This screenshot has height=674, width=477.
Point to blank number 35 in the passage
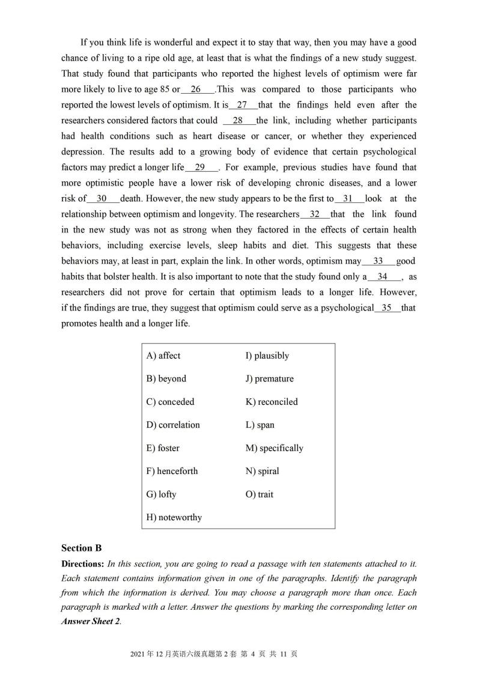tap(387, 308)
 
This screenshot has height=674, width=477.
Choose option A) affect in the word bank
tap(163, 356)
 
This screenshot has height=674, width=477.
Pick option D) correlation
tap(173, 425)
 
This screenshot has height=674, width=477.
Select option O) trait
tap(259, 494)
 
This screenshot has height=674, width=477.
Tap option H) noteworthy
tap(174, 517)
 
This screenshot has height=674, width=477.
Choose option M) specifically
tap(274, 448)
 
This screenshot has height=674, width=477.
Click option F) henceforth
tap(172, 471)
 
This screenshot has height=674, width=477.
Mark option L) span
tap(260, 425)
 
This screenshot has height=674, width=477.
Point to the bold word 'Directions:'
tap(83, 564)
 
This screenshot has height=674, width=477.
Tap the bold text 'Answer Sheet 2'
tap(90, 622)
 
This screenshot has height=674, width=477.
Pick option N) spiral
tap(262, 471)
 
